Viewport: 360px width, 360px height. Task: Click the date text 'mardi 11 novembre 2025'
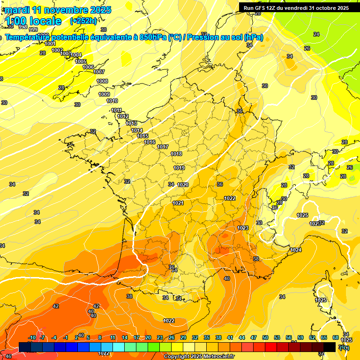pos(58,10)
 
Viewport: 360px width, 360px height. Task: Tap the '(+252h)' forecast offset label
pos(83,21)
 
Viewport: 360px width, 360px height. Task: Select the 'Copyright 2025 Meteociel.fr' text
pos(199,356)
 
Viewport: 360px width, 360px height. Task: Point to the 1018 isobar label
pos(176,154)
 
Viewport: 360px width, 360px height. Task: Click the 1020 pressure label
pos(183,185)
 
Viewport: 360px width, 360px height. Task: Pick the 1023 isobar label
pos(242,228)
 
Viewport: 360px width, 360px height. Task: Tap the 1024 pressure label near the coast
pos(296,250)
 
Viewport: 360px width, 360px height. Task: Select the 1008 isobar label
pos(102,82)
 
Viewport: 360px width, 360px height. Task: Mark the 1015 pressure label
pos(142,136)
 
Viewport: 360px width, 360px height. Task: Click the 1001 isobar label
pos(50,44)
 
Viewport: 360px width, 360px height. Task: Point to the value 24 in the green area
pos(316,34)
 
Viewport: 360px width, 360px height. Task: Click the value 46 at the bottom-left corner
pos(8,356)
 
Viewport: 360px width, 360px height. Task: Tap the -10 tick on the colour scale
pos(32,338)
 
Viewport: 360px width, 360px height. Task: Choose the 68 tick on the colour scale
pos(336,338)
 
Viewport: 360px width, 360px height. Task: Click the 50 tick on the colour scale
pos(265,338)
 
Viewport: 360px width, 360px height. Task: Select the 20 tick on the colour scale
pos(148,338)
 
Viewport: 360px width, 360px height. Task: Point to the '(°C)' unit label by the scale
pos(344,347)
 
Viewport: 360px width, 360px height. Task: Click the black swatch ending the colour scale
pos(330,347)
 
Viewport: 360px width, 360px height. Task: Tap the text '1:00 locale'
pos(33,21)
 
